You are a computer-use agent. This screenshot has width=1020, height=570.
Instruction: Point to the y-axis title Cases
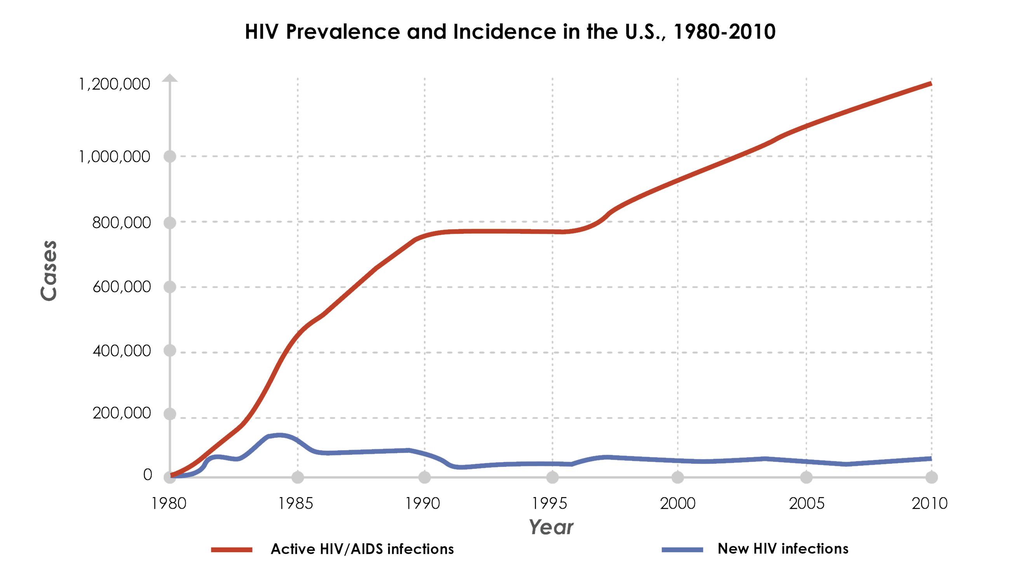[x=49, y=271]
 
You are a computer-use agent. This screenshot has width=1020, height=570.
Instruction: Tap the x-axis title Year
[x=551, y=527]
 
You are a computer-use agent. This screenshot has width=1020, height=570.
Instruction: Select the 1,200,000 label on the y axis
[x=115, y=84]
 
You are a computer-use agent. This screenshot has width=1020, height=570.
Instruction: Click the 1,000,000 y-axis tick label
[x=115, y=157]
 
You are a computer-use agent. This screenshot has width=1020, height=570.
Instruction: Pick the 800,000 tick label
[x=122, y=222]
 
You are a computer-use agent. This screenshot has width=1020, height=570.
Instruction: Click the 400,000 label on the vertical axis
[x=122, y=351]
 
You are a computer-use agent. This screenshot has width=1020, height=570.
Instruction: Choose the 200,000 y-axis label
[x=122, y=413]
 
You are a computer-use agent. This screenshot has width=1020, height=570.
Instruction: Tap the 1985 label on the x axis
[x=296, y=504]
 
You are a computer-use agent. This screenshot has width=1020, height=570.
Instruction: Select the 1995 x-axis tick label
[x=549, y=504]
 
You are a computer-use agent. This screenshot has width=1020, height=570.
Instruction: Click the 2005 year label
[x=807, y=504]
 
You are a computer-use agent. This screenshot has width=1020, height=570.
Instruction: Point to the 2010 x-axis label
[x=929, y=504]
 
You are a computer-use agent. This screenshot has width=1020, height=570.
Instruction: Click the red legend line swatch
[x=232, y=549]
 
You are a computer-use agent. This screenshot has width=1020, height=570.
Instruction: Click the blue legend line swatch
[x=682, y=549]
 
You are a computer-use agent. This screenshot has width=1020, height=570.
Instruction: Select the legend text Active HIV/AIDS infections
[x=362, y=549]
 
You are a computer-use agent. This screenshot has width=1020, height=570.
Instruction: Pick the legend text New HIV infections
[x=783, y=549]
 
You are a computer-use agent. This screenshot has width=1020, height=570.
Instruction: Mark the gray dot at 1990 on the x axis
[x=425, y=477]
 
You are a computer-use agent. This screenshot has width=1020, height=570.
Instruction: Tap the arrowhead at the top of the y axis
[x=170, y=78]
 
